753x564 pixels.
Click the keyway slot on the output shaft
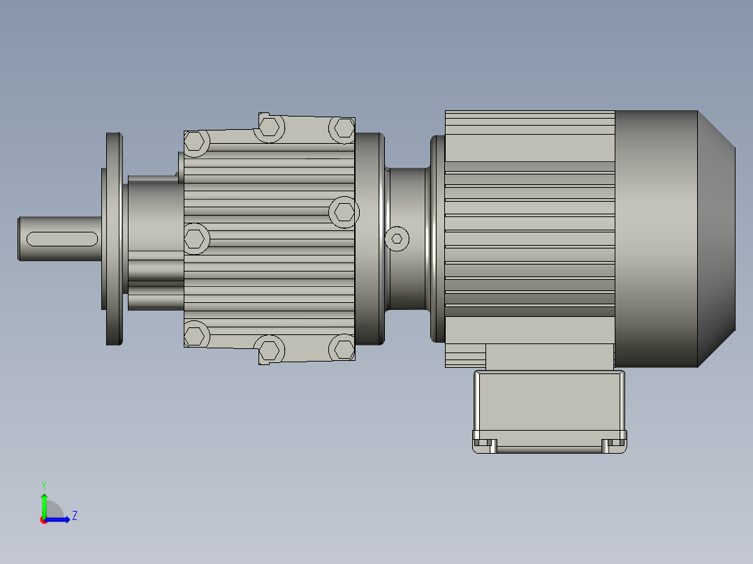(x=61, y=239)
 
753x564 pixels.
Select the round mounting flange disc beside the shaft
(x=114, y=239)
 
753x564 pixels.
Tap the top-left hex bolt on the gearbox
(x=196, y=142)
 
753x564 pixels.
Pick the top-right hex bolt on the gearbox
(x=343, y=128)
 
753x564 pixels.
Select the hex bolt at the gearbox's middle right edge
(x=344, y=211)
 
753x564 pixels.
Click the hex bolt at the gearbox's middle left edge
(x=196, y=239)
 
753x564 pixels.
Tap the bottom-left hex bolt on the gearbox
(x=196, y=335)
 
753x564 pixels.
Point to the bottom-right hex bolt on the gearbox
(x=343, y=348)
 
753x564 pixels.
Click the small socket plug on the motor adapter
(x=397, y=239)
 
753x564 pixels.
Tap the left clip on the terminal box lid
(x=485, y=443)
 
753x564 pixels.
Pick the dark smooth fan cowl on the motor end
(x=655, y=239)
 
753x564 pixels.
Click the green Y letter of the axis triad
(x=43, y=484)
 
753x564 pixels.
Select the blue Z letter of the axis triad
(x=74, y=516)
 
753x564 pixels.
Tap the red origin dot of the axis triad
(x=44, y=520)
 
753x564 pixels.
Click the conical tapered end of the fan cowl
(x=716, y=239)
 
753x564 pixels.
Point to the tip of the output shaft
(x=20, y=239)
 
